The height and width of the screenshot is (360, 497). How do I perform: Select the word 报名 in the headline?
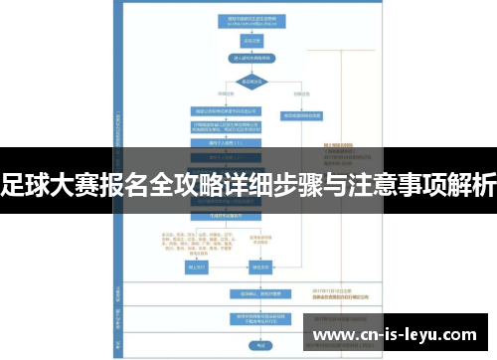[120, 187]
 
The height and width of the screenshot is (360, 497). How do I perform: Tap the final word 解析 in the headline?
[472, 187]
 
